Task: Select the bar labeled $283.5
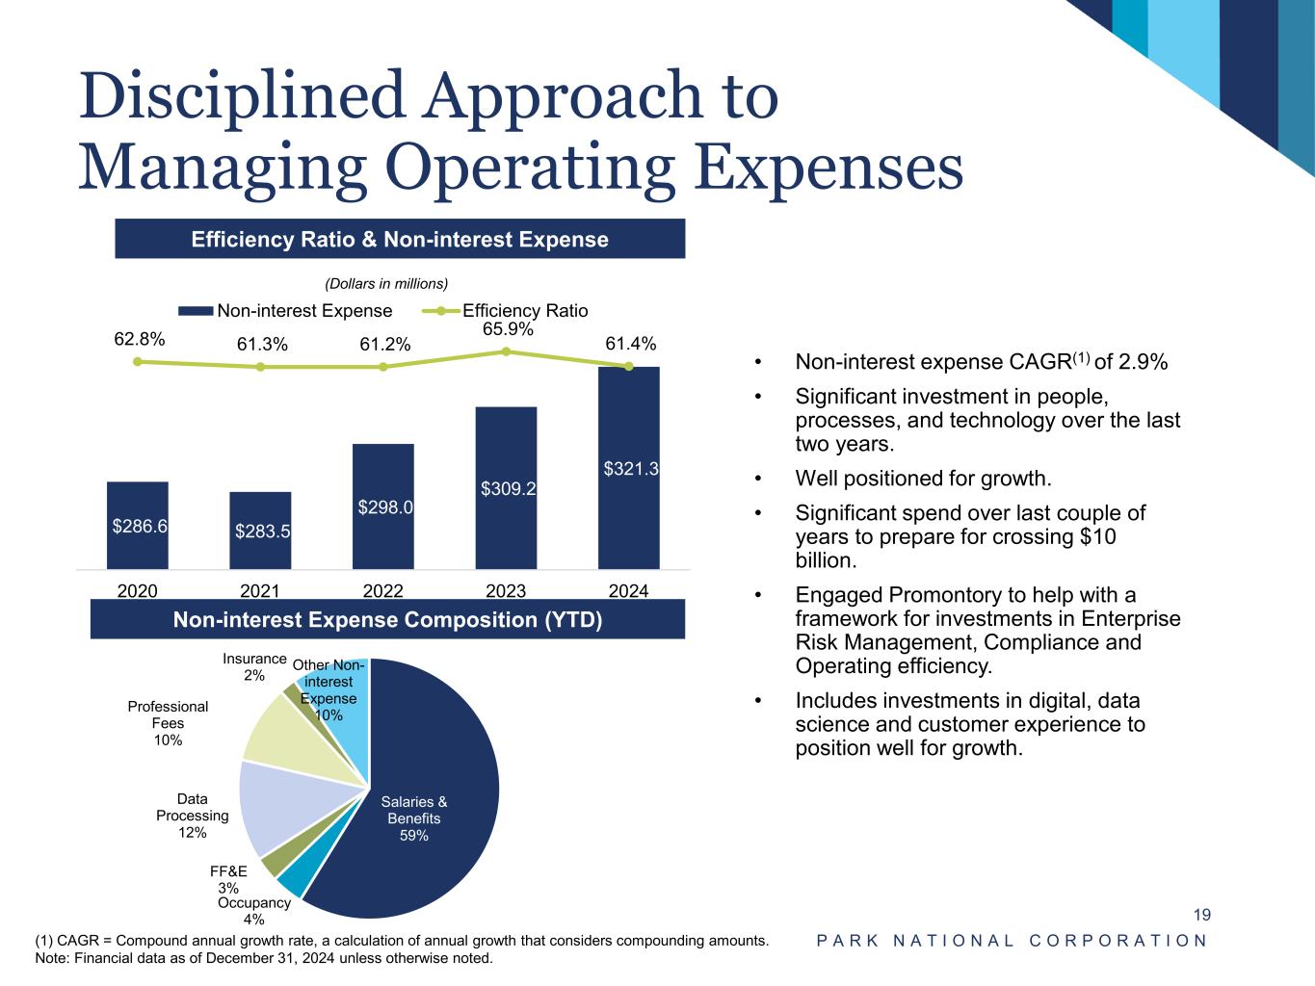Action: click(260, 531)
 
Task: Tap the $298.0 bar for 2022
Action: click(383, 506)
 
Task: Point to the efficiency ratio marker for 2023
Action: click(506, 351)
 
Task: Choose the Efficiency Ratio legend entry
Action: click(524, 310)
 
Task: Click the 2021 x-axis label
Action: click(260, 590)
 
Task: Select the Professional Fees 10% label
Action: click(168, 723)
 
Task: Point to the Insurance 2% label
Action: click(254, 666)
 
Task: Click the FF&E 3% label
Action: click(228, 879)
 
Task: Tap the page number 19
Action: click(1202, 915)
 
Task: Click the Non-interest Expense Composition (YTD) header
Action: click(387, 619)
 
